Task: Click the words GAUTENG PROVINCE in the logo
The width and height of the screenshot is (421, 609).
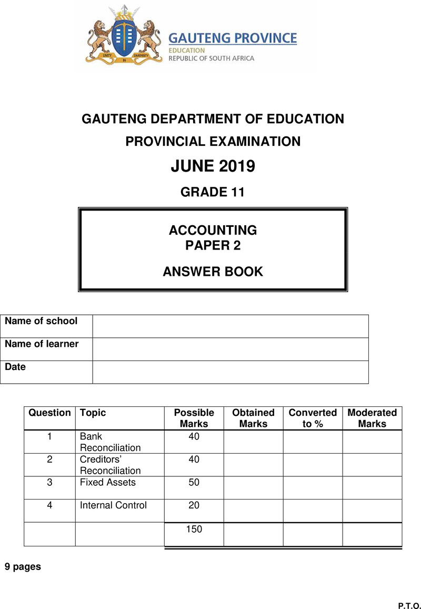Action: pos(232,38)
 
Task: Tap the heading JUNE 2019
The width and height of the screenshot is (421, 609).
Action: pos(213,166)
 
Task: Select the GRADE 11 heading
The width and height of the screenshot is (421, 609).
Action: pos(213,192)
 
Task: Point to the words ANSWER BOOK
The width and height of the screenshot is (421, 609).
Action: pos(213,272)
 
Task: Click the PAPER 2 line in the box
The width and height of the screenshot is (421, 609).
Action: pos(213,245)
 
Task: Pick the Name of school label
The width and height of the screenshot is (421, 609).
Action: pos(41,321)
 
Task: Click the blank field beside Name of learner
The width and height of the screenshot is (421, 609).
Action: pos(230,349)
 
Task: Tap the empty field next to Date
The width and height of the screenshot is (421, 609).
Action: pos(230,372)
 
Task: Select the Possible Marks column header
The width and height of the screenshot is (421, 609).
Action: pos(194,418)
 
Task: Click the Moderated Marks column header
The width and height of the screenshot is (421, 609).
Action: pos(372,418)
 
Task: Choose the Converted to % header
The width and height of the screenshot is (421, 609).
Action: pos(313,418)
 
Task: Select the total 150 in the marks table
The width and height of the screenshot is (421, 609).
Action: pos(194,530)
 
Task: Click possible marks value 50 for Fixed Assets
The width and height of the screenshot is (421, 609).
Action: pos(194,482)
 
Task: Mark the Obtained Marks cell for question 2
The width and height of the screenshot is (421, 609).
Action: pos(253,465)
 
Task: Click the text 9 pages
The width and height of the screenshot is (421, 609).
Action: pos(23,567)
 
